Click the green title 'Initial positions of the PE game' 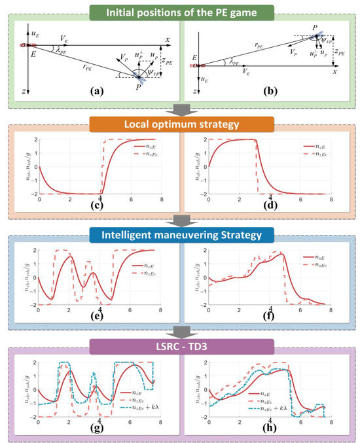coord(179,11)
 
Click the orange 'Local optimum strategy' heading coord(179,124)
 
